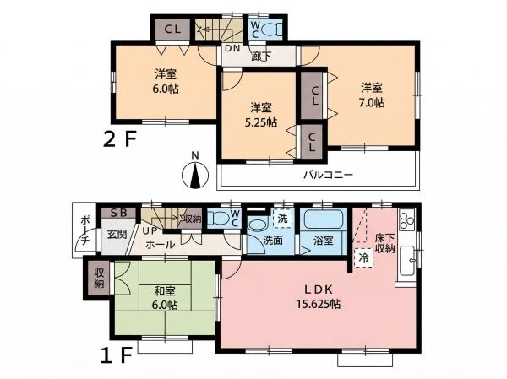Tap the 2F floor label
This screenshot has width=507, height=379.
120,139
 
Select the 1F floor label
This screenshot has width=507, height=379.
117,355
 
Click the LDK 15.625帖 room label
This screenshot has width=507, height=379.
319,296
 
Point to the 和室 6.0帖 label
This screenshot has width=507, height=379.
165,298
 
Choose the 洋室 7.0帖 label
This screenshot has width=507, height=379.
372,95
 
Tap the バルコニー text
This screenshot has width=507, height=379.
328,175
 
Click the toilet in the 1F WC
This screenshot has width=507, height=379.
218,218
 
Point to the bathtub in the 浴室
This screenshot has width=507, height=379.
324,219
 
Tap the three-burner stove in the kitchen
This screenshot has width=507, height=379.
406,219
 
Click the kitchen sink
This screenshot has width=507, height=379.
407,261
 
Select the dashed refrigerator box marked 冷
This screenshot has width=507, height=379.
364,257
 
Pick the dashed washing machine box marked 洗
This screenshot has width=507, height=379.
282,219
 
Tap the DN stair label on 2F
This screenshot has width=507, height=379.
232,48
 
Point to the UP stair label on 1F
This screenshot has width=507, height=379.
150,230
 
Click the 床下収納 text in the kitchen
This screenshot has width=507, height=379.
385,243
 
